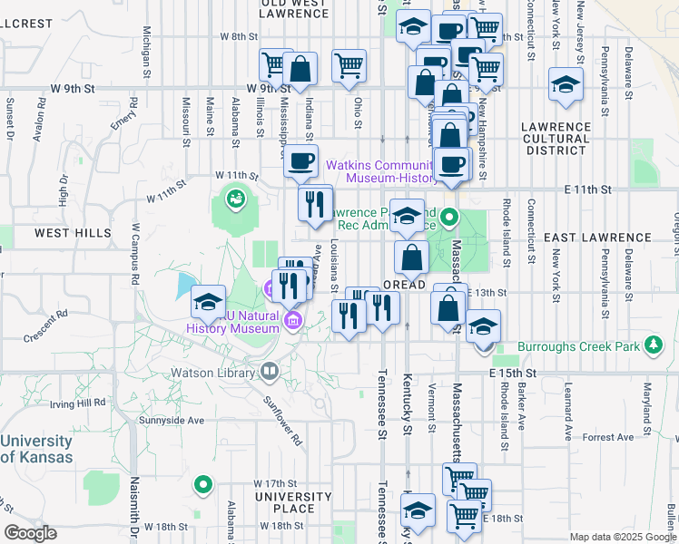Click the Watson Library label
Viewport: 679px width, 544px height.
click(x=214, y=372)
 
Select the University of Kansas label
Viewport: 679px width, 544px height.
click(x=36, y=449)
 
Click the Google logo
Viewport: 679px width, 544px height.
click(x=30, y=533)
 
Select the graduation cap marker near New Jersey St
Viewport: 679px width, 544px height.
click(x=566, y=86)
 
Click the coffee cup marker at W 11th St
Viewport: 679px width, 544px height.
click(x=300, y=162)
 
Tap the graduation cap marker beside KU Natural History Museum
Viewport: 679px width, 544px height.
click(x=208, y=302)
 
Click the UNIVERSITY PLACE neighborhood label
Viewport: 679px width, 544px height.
click(x=293, y=502)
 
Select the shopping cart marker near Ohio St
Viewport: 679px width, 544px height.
click(x=349, y=65)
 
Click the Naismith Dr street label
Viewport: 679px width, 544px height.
click(x=133, y=521)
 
